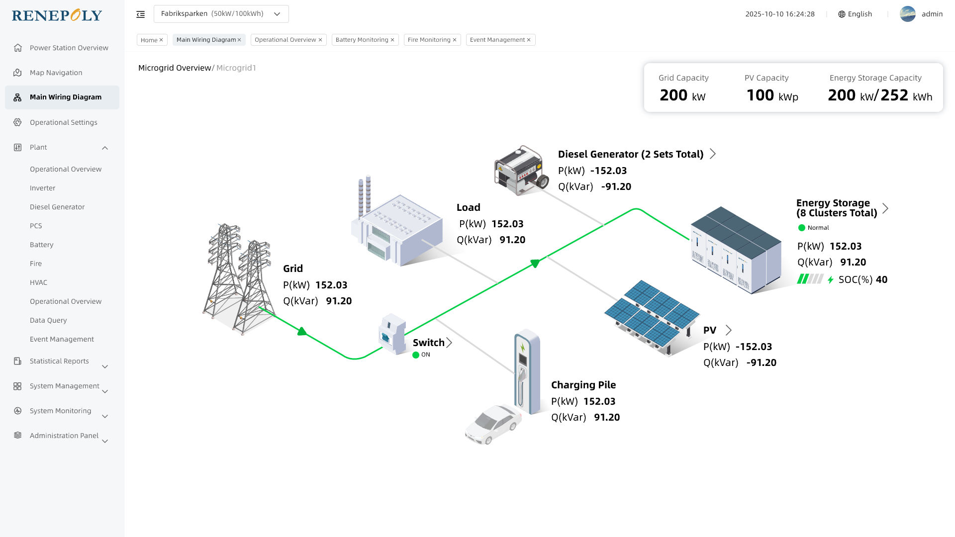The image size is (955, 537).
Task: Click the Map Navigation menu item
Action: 56,73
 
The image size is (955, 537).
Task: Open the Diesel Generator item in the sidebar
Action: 57,207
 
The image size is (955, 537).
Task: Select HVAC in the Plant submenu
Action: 38,282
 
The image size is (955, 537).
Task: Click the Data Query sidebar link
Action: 48,320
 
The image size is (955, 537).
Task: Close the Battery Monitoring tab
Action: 392,40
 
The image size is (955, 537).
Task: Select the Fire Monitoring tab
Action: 429,40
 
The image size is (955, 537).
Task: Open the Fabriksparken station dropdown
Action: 221,14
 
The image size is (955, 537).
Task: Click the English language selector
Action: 855,14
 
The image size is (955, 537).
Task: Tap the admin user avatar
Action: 907,14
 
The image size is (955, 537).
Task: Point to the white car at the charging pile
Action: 493,424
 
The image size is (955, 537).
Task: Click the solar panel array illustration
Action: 652,316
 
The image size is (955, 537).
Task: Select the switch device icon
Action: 392,334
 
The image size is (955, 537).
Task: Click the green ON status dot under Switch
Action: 416,355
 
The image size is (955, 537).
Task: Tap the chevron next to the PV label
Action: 729,330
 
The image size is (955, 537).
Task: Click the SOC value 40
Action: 881,279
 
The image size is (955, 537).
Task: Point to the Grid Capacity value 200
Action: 673,95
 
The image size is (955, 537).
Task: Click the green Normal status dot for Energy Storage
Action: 802,228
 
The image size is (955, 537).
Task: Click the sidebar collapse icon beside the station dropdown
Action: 141,14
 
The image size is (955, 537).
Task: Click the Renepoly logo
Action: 57,15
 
